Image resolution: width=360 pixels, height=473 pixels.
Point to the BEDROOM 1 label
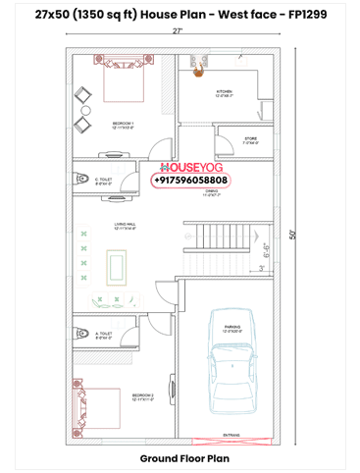[122, 124]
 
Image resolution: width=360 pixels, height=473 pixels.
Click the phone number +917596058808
[190, 181]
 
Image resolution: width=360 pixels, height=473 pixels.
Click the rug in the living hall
[117, 265]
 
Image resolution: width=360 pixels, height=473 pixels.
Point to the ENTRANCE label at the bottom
[231, 432]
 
